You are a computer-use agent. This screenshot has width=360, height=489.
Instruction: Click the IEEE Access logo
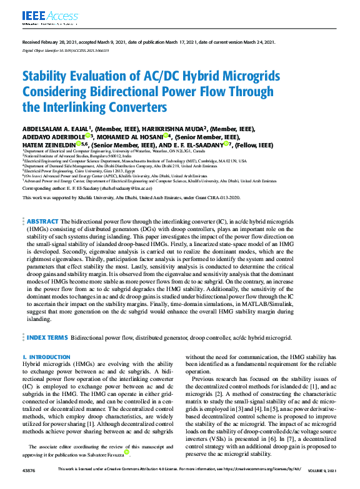point(41,16)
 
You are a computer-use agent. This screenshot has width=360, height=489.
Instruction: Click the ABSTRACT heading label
point(42,221)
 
